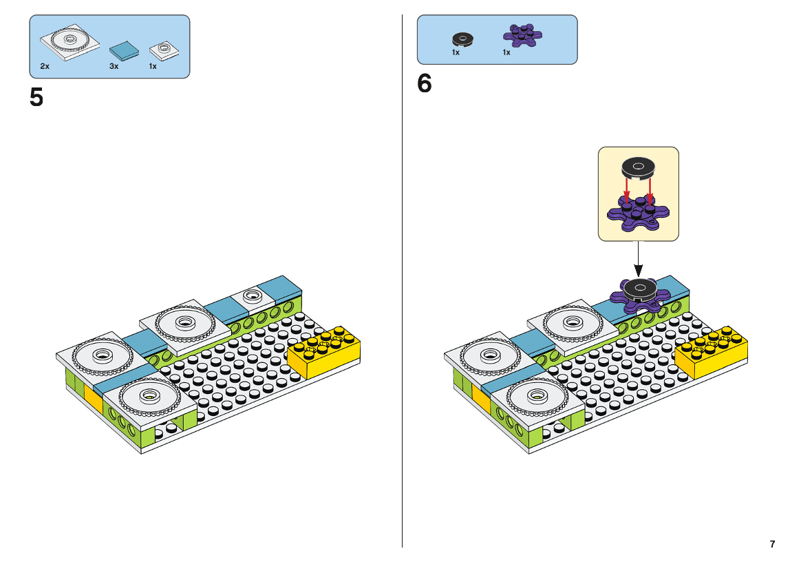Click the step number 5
pos(36,97)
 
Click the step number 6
pos(424,83)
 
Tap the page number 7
pos(772,544)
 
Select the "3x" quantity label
pos(114,66)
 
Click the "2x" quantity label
pos(45,66)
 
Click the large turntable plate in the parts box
pos(70,42)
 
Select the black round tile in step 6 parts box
pos(462,39)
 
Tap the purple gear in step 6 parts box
pos(522,35)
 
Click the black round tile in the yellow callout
pos(638,168)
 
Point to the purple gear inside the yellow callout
pos(638,212)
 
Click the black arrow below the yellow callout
pos(639,258)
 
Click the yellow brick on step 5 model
pos(324,351)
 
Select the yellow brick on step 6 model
pos(712,351)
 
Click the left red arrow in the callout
pos(626,191)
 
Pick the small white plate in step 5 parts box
pos(164,50)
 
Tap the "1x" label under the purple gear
pos(506,52)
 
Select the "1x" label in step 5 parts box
pos(153,66)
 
